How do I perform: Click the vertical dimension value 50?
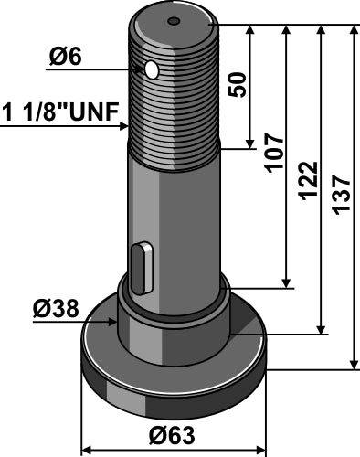[x=236, y=85]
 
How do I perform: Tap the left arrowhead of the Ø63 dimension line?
[x=88, y=424]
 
